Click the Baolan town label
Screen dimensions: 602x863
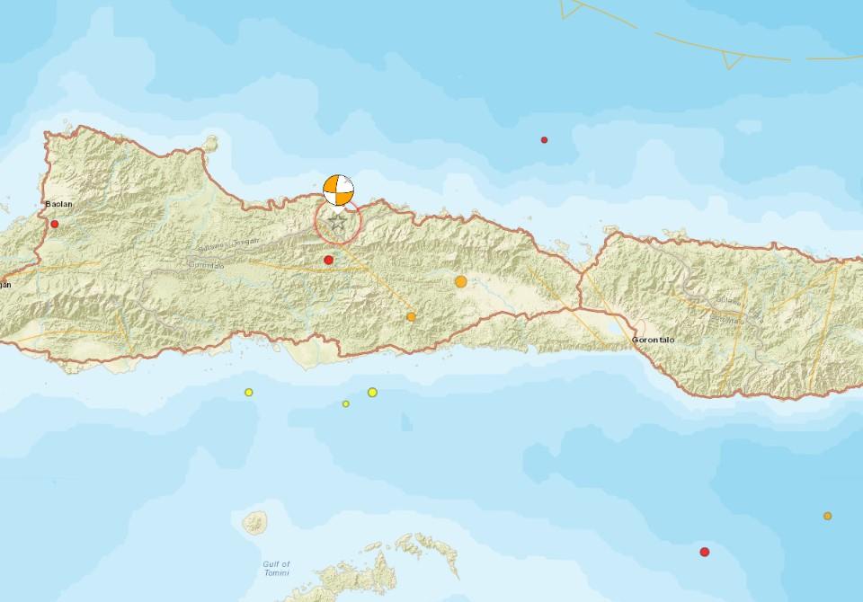click(x=58, y=204)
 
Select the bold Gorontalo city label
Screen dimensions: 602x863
click(x=654, y=340)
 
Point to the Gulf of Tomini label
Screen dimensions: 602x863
click(x=276, y=568)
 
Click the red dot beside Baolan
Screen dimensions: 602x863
click(x=55, y=224)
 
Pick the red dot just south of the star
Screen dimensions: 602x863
click(x=329, y=260)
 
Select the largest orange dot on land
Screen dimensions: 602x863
click(x=461, y=281)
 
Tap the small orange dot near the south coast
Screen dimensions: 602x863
click(x=411, y=316)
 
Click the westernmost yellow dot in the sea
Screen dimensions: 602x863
click(x=249, y=392)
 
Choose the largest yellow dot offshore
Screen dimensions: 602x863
click(x=372, y=392)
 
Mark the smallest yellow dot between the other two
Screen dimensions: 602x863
click(x=345, y=403)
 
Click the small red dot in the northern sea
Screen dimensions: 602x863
click(x=544, y=139)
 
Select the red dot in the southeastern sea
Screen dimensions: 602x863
click(x=705, y=551)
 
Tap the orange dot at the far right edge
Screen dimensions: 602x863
click(x=827, y=516)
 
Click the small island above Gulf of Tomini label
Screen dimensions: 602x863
click(x=255, y=521)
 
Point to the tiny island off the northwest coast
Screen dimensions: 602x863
click(x=212, y=142)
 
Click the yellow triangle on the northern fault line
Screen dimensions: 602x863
click(x=733, y=60)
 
